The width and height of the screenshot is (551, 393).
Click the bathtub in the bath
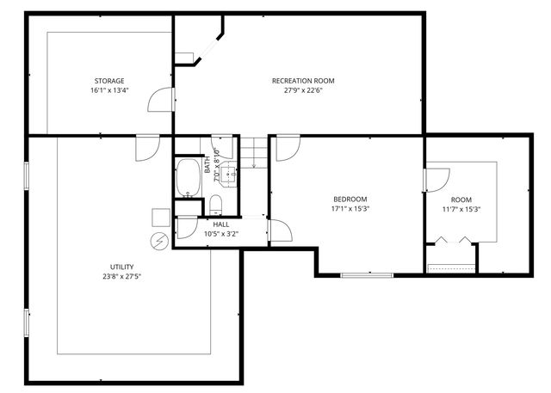pyautogui.click(x=187, y=178)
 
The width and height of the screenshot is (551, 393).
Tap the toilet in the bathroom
pyautogui.click(x=216, y=205)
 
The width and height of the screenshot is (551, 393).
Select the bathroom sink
pyautogui.click(x=230, y=175)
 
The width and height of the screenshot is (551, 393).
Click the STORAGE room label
pyautogui.click(x=109, y=81)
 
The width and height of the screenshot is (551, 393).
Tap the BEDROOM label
pyautogui.click(x=350, y=199)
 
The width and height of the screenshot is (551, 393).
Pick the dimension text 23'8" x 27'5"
pyautogui.click(x=121, y=277)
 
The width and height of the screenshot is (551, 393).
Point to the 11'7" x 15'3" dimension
pyautogui.click(x=461, y=209)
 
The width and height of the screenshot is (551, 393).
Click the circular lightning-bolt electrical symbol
pyautogui.click(x=158, y=241)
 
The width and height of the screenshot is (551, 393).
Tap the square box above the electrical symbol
pyautogui.click(x=160, y=216)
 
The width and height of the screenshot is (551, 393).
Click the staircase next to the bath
pyautogui.click(x=253, y=154)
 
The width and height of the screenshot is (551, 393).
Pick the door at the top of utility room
pyautogui.click(x=145, y=147)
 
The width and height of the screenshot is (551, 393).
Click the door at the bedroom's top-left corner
pyautogui.click(x=286, y=148)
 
